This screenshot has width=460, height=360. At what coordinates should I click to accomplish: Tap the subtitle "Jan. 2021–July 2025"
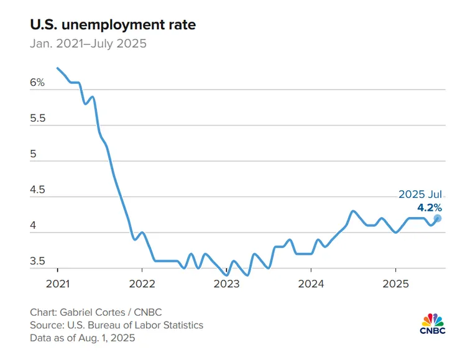(x=88, y=44)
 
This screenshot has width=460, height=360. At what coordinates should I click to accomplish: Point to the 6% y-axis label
(x=37, y=82)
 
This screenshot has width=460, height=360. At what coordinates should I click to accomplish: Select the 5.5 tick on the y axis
(x=37, y=118)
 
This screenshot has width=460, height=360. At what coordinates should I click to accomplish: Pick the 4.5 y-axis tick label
(x=37, y=190)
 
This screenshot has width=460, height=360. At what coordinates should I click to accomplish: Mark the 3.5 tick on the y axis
(x=37, y=261)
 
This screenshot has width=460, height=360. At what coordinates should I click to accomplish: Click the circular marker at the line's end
(x=438, y=218)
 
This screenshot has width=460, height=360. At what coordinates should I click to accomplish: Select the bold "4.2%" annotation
(x=430, y=206)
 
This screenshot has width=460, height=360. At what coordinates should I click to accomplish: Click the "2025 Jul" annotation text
(x=420, y=195)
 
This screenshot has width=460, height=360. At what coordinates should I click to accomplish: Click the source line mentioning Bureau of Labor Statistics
(x=116, y=325)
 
